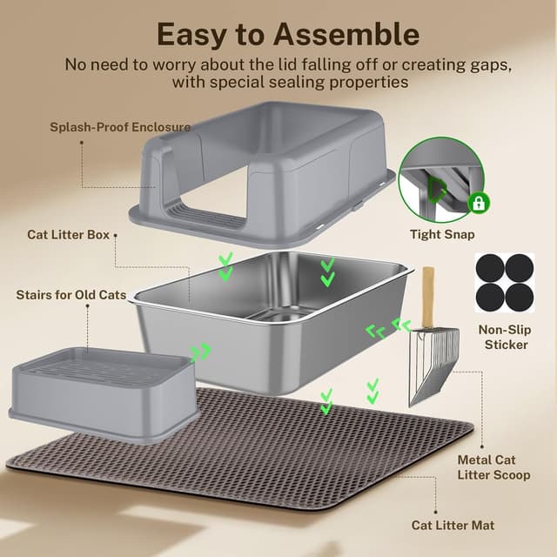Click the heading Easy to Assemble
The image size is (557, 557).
[287, 34]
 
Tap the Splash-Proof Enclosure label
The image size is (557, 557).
[120, 127]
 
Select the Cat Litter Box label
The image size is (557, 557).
[69, 234]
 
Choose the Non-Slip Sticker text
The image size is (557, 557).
[503, 337]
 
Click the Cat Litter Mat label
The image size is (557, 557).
[453, 525]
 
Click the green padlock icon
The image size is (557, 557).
[479, 204]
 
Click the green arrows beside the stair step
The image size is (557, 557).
[200, 351]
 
